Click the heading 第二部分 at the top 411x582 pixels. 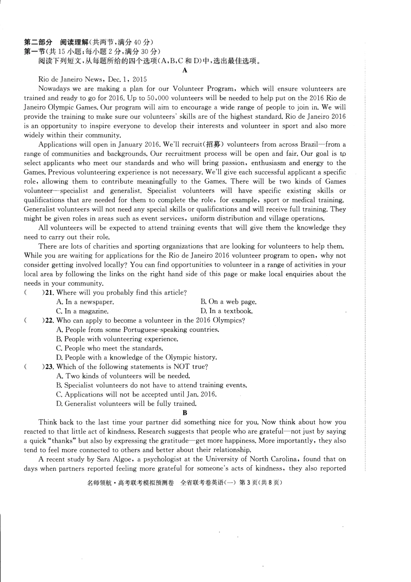(x=38, y=42)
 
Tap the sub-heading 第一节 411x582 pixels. (x=35, y=52)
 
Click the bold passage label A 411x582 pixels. (x=185, y=70)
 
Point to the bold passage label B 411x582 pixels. (x=185, y=413)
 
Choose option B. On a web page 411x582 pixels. (x=228, y=302)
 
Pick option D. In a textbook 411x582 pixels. (x=226, y=311)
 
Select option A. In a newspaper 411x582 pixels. (x=85, y=302)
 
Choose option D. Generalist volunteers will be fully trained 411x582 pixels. (x=126, y=404)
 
